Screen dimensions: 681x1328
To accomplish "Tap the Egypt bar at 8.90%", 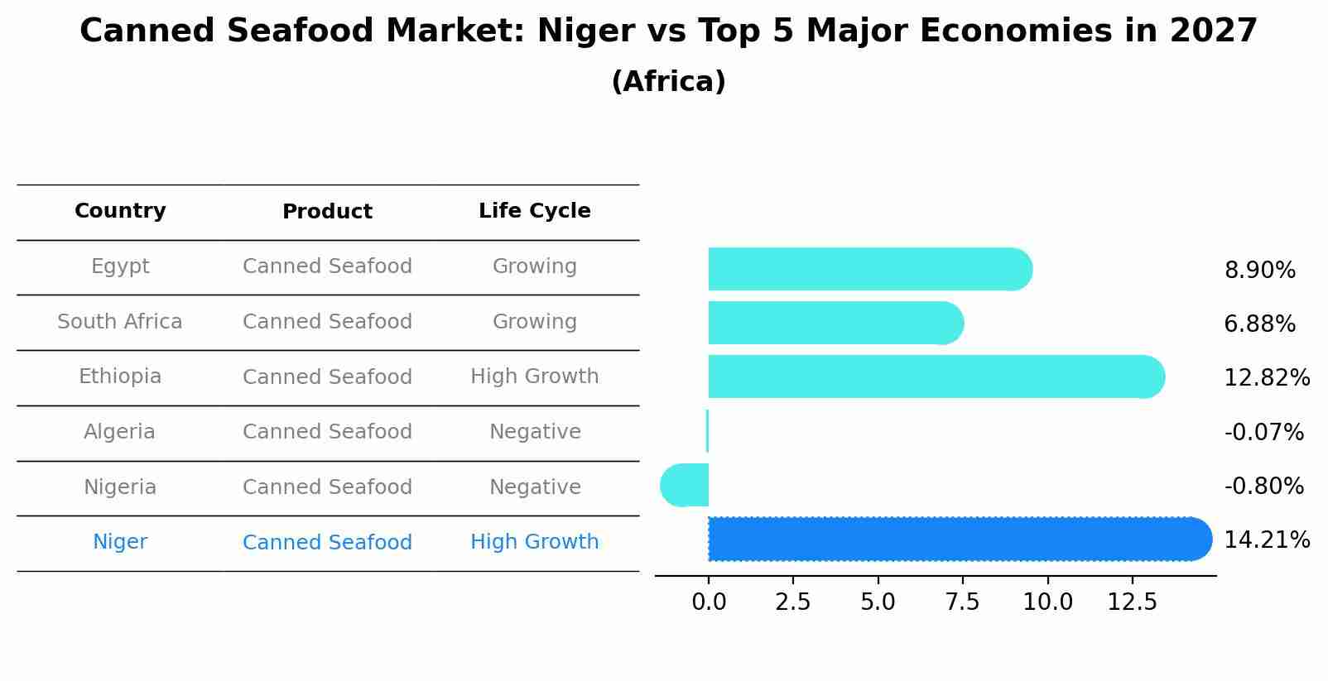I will [869, 269].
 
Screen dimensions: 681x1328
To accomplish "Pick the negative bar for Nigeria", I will [685, 485].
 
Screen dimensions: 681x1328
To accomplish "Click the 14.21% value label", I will [1266, 540].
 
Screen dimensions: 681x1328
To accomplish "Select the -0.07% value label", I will [1263, 432].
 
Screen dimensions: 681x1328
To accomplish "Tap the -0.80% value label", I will [1263, 486].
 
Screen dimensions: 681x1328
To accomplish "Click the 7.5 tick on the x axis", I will [962, 602].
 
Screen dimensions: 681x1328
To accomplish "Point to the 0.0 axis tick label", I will [709, 602].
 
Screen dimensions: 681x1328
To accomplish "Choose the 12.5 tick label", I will [1132, 602].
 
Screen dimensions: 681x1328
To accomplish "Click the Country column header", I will [120, 211].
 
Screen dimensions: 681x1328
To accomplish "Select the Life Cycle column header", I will [534, 211].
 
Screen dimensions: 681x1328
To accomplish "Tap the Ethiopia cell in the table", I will [120, 376].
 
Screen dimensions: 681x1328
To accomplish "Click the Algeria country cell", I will [119, 432].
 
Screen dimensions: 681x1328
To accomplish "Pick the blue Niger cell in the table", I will [120, 542].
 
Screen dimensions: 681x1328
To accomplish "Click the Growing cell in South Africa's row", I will [534, 322].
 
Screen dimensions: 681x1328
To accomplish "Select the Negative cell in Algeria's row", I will [535, 432].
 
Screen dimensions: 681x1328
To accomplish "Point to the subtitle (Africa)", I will [668, 82].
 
